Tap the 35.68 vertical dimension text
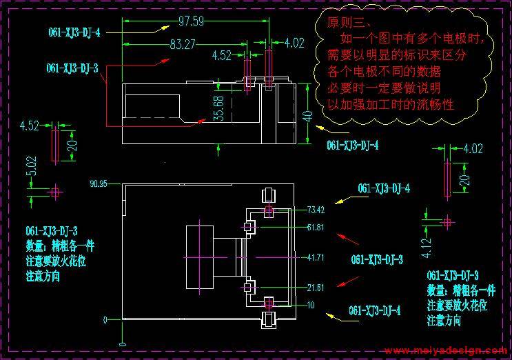tap(219, 108)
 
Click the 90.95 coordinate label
tap(99, 183)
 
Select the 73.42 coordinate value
tap(316, 210)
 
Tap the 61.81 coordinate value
tap(316, 227)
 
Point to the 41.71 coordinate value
tap(316, 257)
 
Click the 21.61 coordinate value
tap(316, 287)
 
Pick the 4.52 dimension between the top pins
tap(221, 55)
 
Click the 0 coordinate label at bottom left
tap(105, 320)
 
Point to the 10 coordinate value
tap(312, 304)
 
